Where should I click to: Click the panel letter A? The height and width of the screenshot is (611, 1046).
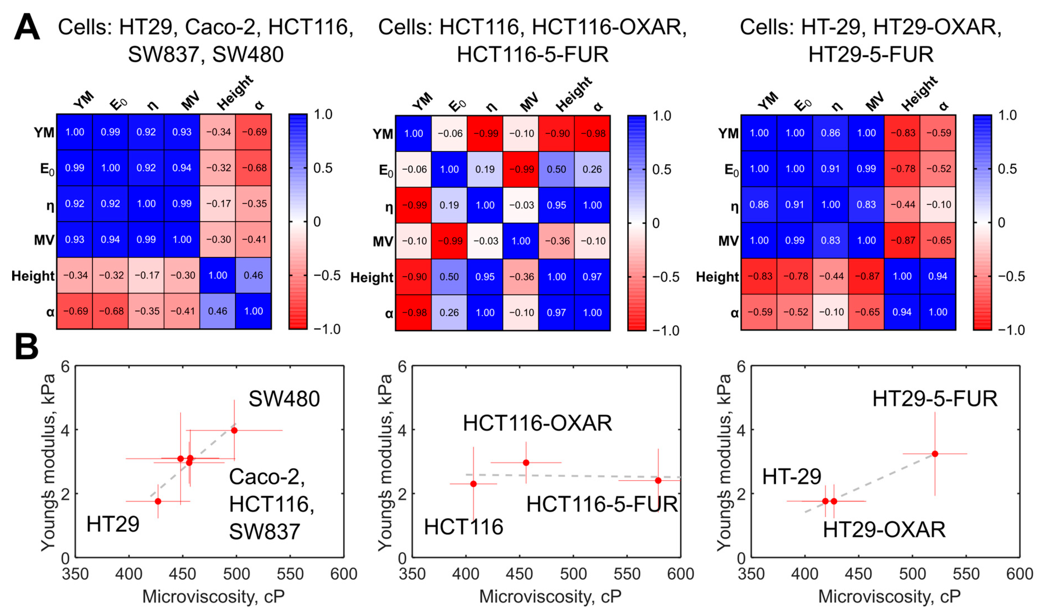tap(27, 27)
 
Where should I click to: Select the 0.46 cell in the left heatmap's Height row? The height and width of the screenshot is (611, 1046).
tap(253, 275)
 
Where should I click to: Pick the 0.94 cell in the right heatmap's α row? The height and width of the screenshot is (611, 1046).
tap(902, 312)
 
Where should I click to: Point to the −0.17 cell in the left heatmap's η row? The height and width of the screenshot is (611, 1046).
tap(218, 204)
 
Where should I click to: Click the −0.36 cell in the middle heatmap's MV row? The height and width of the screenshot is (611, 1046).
tap(557, 241)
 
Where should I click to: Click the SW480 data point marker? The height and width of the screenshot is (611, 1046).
tap(234, 430)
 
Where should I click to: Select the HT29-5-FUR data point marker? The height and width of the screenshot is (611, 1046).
tap(935, 454)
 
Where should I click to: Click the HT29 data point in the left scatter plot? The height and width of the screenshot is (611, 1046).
tap(158, 501)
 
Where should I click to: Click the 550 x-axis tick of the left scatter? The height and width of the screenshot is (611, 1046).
tap(290, 574)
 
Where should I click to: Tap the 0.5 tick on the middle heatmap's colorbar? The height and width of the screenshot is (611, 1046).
tap(661, 169)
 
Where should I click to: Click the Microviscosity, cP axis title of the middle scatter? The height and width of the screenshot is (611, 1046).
tap(550, 596)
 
